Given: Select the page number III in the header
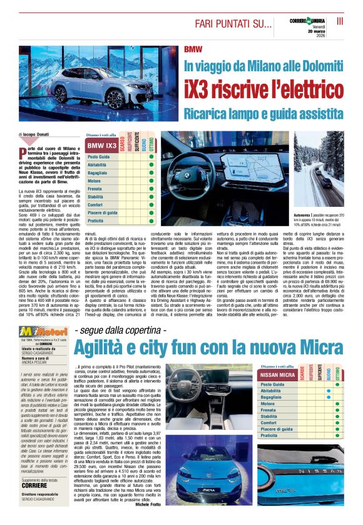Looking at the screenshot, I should tap(340, 21).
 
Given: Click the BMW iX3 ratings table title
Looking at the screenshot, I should tap(101, 146).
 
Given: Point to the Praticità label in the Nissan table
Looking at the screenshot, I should tap(273, 434).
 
